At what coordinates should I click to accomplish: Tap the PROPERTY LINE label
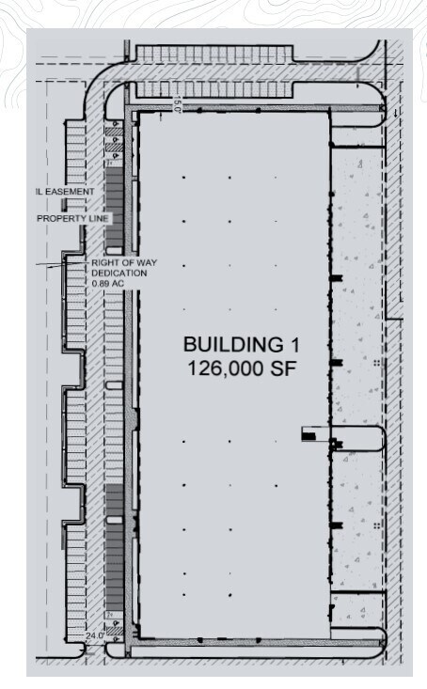73,219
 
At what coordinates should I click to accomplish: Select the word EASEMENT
68,192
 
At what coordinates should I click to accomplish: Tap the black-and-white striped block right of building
310,434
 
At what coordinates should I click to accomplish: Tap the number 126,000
223,368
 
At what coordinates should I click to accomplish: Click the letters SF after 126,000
283,368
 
